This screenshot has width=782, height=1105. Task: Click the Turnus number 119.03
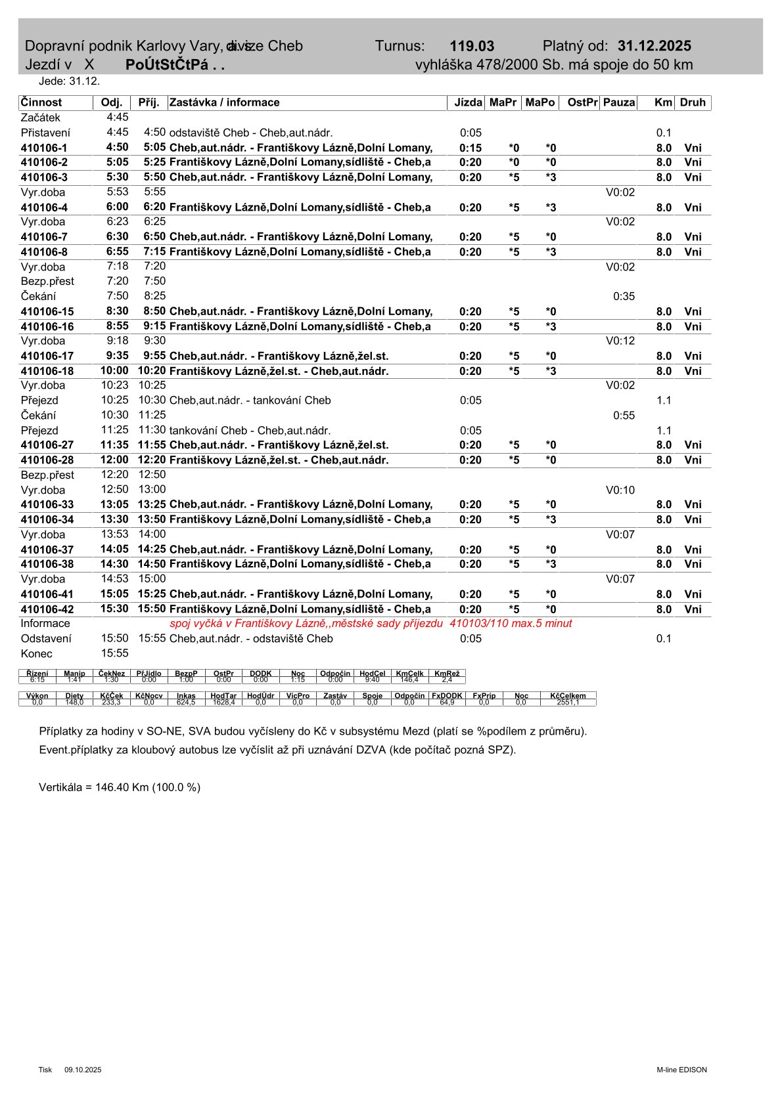(472, 46)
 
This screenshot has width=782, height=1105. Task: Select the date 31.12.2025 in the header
(654, 46)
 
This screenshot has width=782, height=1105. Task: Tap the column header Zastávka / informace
(225, 102)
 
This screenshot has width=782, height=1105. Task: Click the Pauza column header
(619, 102)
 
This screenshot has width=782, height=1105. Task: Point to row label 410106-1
(44, 148)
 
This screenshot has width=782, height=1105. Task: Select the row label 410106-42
(47, 609)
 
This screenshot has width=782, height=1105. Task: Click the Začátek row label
(41, 118)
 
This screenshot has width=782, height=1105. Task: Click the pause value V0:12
(620, 341)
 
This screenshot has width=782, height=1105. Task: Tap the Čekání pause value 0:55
(624, 415)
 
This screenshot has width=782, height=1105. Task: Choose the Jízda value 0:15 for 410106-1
(471, 148)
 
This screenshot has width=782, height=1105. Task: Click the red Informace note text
(371, 624)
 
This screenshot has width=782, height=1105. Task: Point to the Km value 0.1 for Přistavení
(664, 133)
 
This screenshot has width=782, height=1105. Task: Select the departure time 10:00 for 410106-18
(115, 371)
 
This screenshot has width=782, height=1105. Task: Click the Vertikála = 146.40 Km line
(120, 787)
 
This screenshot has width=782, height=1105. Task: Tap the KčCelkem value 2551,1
(568, 703)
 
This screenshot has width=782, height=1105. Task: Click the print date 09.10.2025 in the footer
(83, 1070)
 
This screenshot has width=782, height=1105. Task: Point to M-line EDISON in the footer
(681, 1070)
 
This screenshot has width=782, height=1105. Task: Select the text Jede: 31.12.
(69, 81)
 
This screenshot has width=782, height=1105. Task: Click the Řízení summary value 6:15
(37, 680)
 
